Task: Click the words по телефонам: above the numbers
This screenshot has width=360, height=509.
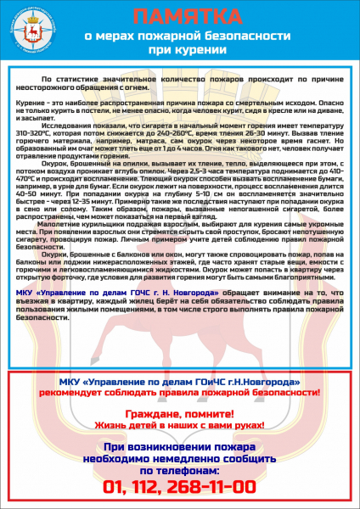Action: tap(179, 469)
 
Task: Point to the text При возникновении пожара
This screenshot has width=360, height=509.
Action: tap(179, 445)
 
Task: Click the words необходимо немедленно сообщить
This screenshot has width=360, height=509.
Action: tap(179, 457)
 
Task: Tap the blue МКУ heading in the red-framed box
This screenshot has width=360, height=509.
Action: tap(179, 383)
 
